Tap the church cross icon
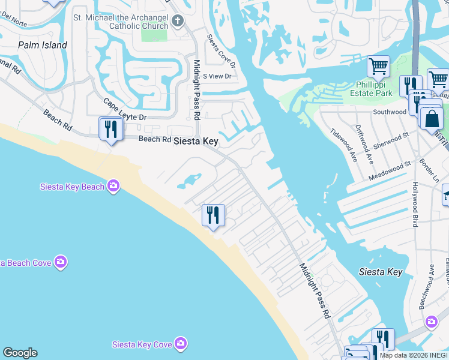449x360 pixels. tap(177, 22)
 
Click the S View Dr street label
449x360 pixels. tap(217, 76)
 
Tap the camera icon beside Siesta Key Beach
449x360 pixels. tap(113, 186)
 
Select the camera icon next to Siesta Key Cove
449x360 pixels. tap(181, 344)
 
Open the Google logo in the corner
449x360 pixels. tap(20, 353)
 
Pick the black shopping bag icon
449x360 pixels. tap(432, 118)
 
